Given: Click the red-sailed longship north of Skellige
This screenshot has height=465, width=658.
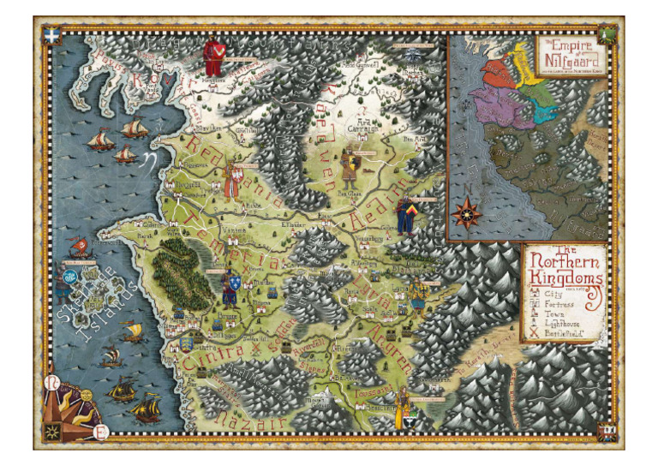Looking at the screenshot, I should pos(77,247).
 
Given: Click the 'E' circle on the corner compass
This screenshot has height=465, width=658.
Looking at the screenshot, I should pos(102,431).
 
